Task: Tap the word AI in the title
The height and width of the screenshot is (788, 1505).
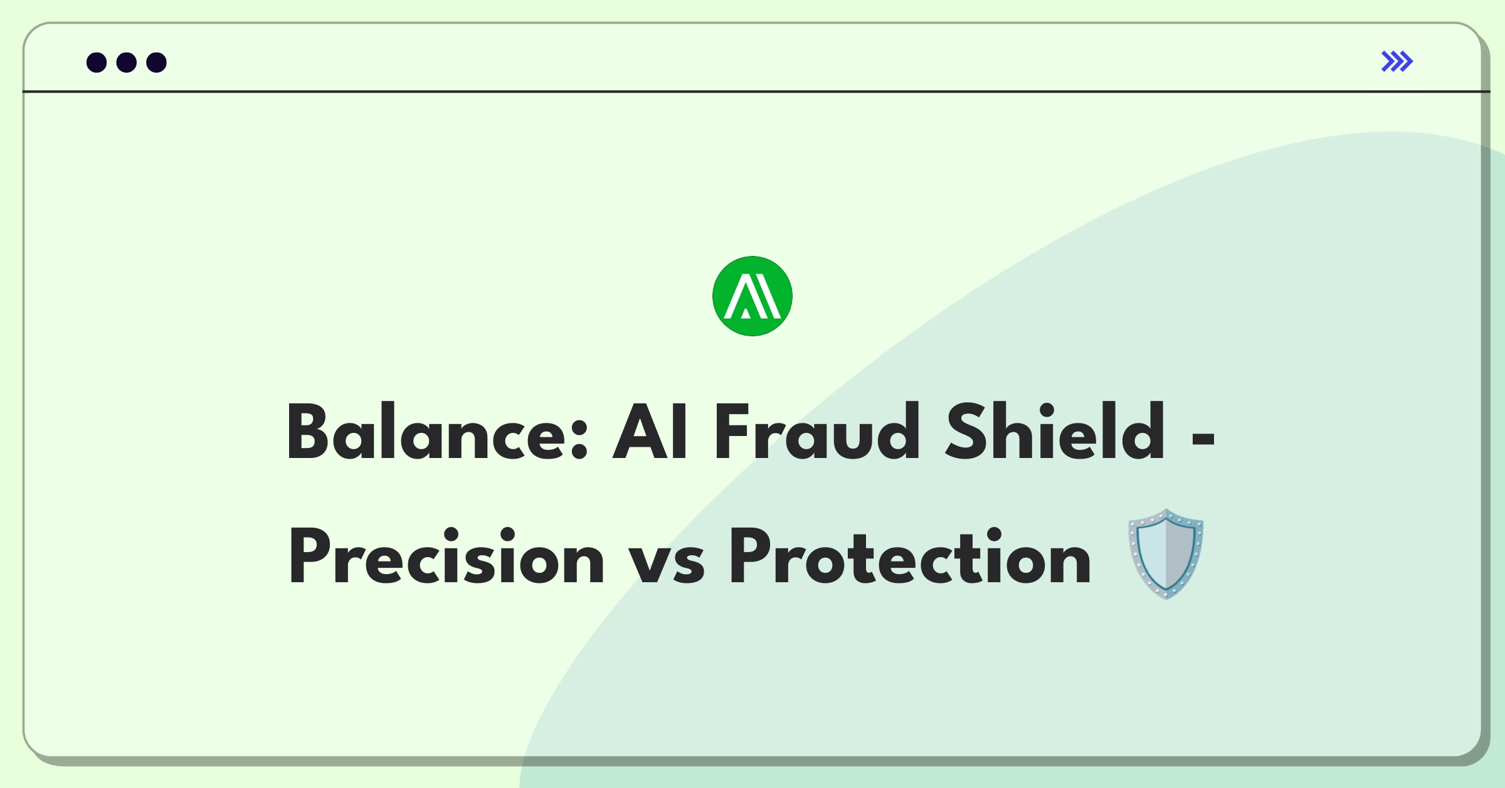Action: pos(650,432)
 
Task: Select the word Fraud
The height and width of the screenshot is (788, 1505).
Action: pos(817,432)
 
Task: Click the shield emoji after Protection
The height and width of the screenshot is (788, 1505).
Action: pos(1166,555)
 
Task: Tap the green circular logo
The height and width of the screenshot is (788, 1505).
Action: pos(752,296)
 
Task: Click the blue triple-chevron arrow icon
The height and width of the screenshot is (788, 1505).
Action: pos(1397,61)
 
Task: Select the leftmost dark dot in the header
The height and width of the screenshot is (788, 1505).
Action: pos(97,63)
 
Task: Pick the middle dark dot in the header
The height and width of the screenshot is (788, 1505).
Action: pos(127,63)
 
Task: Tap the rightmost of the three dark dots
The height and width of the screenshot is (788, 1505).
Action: pos(157,63)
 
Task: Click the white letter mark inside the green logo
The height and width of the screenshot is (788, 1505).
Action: pos(752,296)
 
